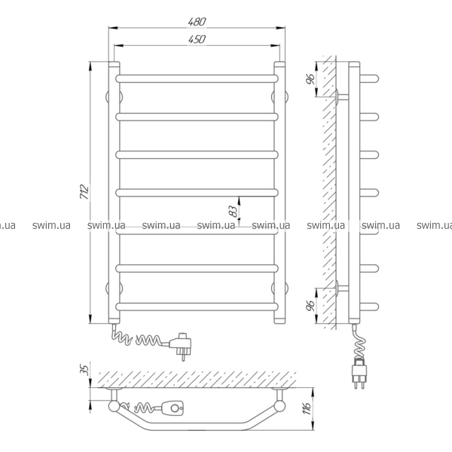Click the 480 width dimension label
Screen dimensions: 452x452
pos(197,22)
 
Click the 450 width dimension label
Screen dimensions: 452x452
pos(197,39)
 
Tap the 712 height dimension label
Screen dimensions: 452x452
pos(84,191)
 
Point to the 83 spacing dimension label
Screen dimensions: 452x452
pos(234,211)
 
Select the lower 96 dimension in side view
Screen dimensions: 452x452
pos(310,305)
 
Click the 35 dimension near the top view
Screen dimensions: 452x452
pos(84,369)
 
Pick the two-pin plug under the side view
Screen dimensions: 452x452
pos(359,373)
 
